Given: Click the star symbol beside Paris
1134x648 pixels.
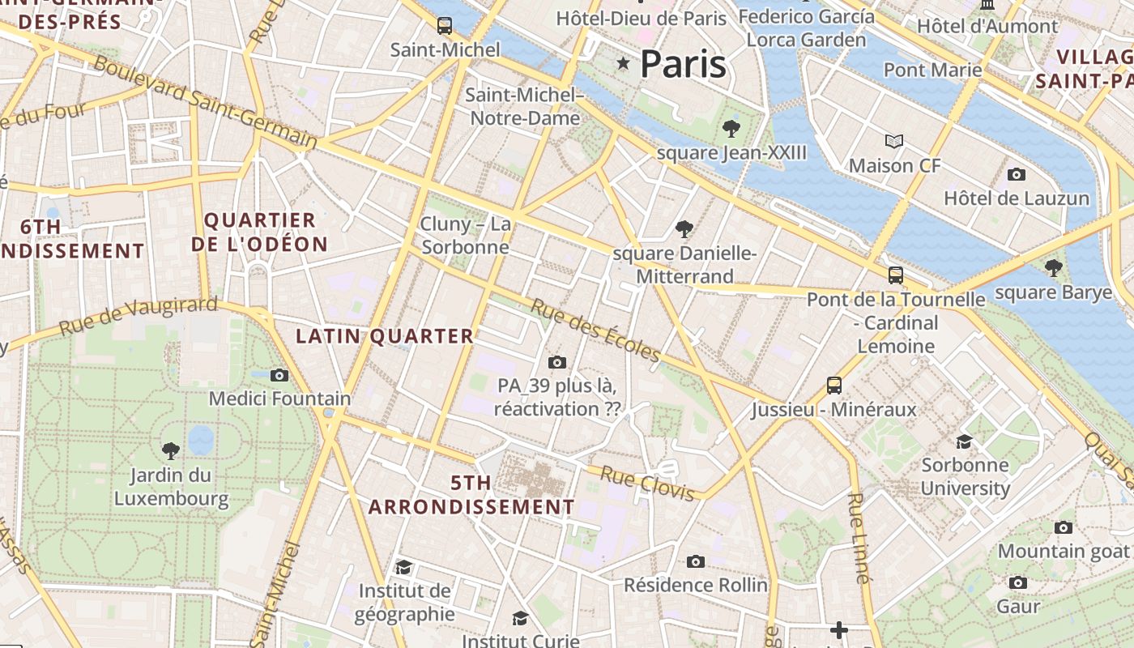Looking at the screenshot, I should (x=623, y=63).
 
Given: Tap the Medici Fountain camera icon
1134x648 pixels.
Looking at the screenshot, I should (x=279, y=375).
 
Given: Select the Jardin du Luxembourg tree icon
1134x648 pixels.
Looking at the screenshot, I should (x=170, y=450).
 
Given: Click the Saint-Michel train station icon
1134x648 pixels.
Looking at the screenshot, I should (x=444, y=25).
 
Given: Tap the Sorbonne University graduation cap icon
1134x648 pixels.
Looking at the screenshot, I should (x=964, y=441).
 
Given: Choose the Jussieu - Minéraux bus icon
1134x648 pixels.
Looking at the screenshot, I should (x=833, y=385).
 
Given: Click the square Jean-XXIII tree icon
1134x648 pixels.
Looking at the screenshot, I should (x=731, y=128).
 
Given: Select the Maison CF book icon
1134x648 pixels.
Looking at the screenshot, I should (x=894, y=142).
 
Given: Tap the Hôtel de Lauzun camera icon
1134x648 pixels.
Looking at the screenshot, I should (x=1016, y=174).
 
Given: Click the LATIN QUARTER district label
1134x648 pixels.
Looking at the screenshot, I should (x=384, y=336).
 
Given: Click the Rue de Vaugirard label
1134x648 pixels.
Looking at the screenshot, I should (x=139, y=316).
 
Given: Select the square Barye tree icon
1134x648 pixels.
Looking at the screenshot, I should (x=1053, y=268).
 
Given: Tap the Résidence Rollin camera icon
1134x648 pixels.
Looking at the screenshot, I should (x=695, y=561).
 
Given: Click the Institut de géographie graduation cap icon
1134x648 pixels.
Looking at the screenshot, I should (x=403, y=567).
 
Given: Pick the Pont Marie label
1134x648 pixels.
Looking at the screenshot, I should (x=932, y=70).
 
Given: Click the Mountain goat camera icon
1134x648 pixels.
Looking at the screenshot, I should (x=1063, y=527).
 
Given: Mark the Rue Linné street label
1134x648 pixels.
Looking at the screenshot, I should (x=860, y=538).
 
